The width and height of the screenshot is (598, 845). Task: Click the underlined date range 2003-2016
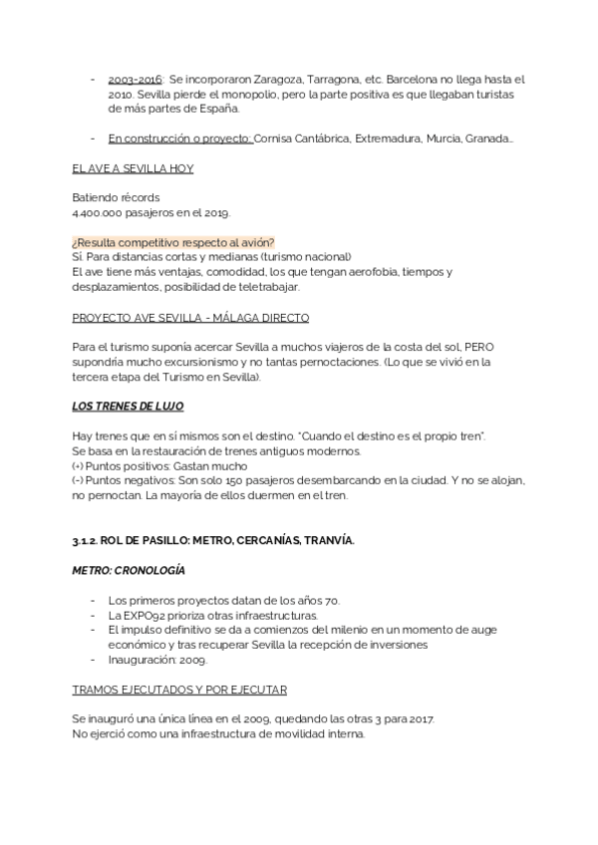(x=135, y=78)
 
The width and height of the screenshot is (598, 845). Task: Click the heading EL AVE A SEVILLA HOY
(x=133, y=168)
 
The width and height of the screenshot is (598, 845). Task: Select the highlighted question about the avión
(x=173, y=244)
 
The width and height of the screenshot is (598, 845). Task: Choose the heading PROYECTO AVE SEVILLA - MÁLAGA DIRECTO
(x=190, y=318)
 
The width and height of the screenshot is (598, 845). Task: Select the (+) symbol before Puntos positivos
(x=79, y=467)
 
